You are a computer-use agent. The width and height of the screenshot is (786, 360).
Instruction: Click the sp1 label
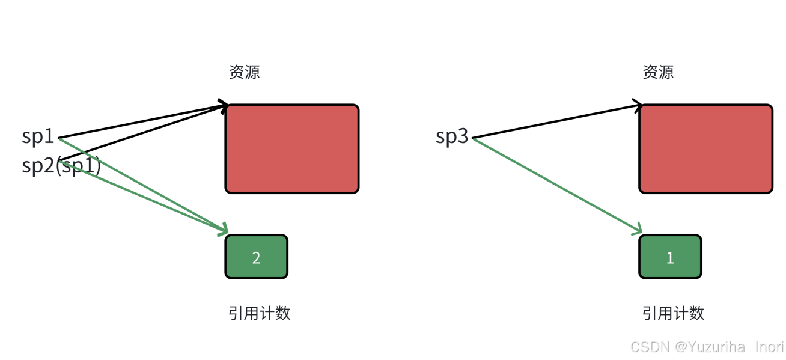tap(38, 137)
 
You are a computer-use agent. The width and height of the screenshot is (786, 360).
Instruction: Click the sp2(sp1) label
tap(61, 165)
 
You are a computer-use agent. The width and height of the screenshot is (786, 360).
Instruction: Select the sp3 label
tap(452, 137)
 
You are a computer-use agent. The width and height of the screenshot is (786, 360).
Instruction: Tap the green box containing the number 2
tap(257, 257)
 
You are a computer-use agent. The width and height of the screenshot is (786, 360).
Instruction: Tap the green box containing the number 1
tap(670, 257)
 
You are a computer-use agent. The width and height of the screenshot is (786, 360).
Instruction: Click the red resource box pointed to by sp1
tap(292, 148)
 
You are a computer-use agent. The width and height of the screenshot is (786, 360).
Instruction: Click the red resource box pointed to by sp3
tap(705, 148)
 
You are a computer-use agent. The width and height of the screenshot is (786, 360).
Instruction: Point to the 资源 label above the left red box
tap(244, 72)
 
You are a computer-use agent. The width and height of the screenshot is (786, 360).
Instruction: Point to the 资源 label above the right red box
tap(658, 72)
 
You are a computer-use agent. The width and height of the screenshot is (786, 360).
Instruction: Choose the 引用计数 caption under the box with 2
tap(260, 313)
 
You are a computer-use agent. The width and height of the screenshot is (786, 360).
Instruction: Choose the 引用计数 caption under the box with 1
tap(673, 313)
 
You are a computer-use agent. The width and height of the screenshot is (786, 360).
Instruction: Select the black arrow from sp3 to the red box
tap(556, 122)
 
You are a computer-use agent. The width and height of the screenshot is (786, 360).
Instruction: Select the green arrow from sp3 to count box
tap(556, 185)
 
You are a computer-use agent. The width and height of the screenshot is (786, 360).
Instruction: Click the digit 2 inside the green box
tap(257, 258)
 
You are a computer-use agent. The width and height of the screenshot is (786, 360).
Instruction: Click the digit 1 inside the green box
tap(670, 258)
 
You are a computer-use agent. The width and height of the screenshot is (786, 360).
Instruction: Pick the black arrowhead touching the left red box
tap(223, 105)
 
